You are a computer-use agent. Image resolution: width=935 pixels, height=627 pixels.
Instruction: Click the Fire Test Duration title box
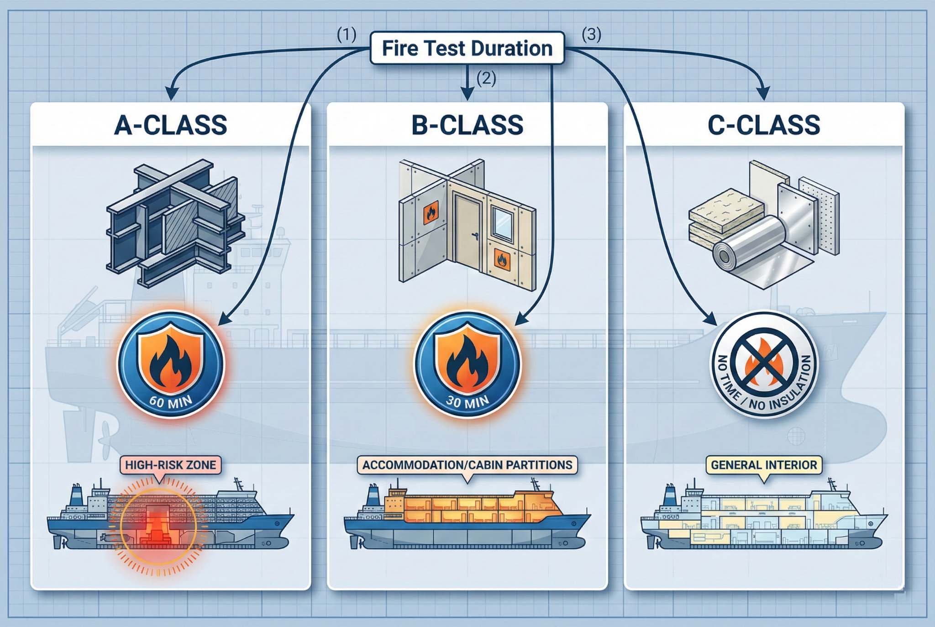(x=467, y=48)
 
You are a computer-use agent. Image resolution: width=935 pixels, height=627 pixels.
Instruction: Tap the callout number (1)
(x=347, y=35)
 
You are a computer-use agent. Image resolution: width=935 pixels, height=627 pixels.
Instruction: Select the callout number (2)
(x=486, y=79)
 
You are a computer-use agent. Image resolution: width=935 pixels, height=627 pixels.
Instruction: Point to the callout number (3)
(x=591, y=35)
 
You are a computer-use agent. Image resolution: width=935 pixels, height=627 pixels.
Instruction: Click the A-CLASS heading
(x=170, y=125)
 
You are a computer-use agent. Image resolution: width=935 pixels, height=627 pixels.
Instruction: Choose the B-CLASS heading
(x=467, y=125)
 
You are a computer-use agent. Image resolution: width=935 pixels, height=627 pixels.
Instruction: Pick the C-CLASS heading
(x=764, y=125)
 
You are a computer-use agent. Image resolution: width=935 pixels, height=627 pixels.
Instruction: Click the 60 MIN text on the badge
(x=170, y=402)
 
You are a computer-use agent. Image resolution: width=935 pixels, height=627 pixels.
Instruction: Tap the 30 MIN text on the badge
(x=467, y=402)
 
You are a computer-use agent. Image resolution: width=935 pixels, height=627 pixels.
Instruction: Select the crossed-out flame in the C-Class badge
(x=764, y=361)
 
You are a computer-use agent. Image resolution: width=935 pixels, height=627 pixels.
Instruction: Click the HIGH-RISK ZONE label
(x=170, y=465)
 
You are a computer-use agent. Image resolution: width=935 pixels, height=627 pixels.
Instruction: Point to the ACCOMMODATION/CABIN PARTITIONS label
(x=467, y=465)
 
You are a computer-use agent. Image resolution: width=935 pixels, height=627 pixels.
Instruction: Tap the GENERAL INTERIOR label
(x=764, y=465)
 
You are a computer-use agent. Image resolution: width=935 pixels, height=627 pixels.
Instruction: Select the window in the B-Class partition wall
(x=502, y=224)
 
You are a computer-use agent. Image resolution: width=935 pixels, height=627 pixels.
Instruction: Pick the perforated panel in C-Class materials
(x=819, y=215)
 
